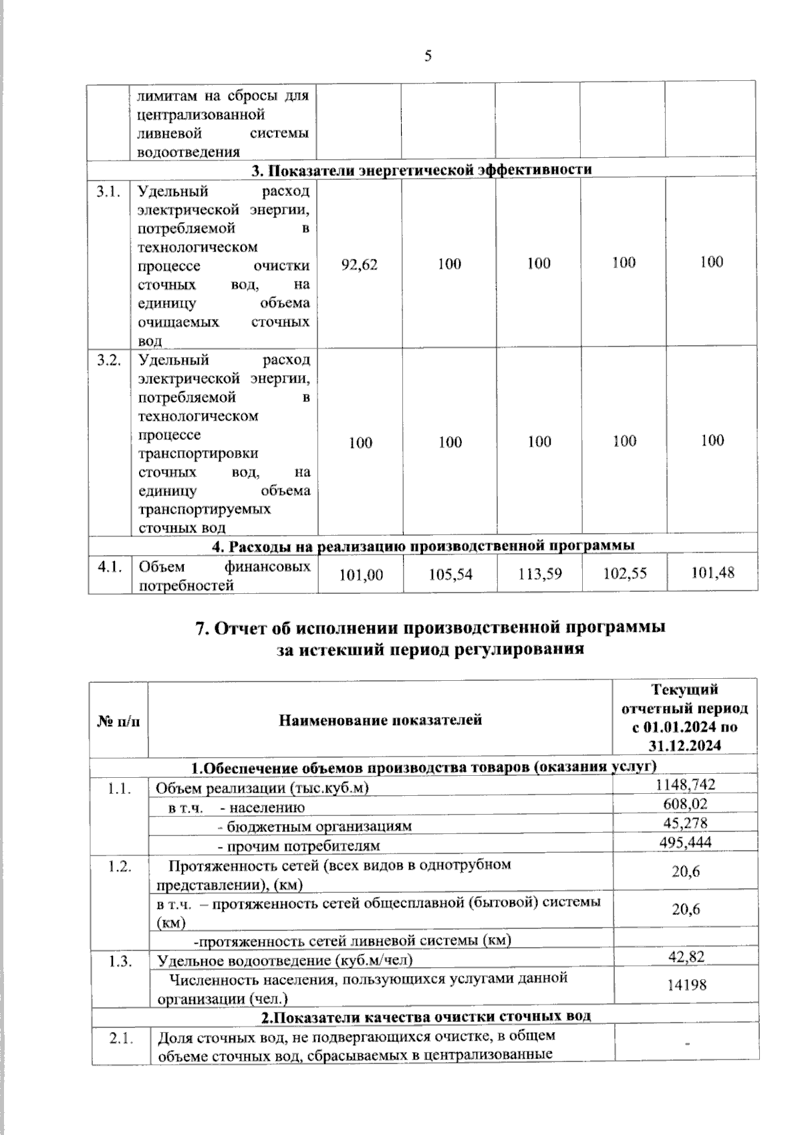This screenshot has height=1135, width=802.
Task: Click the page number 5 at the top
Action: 428,56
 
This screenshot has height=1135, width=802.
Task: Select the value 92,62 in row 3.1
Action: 360,265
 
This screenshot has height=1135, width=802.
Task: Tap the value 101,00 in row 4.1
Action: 361,574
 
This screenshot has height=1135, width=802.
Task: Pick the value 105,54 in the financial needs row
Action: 450,574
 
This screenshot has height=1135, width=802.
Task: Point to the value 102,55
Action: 625,573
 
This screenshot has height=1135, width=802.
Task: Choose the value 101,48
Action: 712,573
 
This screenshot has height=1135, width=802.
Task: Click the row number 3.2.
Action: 109,360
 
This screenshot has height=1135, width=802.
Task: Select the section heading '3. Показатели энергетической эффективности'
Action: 422,169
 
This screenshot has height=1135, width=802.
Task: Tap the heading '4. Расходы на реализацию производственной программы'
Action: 422,546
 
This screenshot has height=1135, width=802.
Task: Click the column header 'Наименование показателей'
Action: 380,720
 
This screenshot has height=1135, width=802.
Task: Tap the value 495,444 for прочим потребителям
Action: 686,843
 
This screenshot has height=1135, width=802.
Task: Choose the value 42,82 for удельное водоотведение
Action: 686,957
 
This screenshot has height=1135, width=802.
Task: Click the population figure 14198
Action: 686,985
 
